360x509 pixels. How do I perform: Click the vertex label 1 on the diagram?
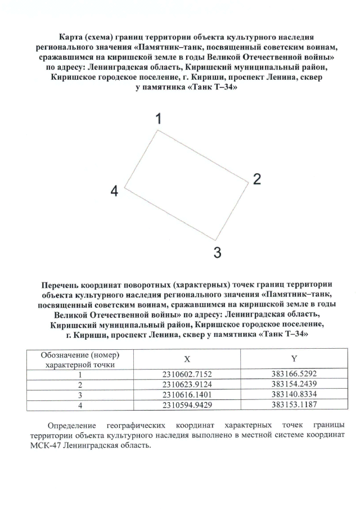coord(159,119)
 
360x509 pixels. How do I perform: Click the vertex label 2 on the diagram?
coord(256,179)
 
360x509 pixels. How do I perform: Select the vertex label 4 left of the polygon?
coord(114,191)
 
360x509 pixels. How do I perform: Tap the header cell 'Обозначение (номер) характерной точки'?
coord(80,359)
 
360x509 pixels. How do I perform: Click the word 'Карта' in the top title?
coord(72,36)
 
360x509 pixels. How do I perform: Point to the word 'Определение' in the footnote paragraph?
coord(72,425)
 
